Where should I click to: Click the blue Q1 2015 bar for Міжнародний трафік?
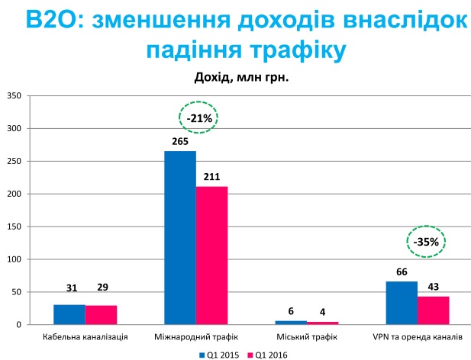pos(180,238)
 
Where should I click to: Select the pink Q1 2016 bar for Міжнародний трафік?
pos(211,256)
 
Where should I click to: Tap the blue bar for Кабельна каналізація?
pos(69,314)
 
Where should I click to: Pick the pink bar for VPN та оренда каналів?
pos(433,310)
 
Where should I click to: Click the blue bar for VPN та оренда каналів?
pos(402,303)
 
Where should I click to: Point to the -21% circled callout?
pos(199,117)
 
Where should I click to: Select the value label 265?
pos(180,142)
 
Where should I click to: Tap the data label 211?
pos(211,178)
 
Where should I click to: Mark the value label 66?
pos(402,272)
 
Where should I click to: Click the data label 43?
pos(433,288)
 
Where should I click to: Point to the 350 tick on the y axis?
pos(14,96)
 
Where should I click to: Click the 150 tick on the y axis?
pos(14,227)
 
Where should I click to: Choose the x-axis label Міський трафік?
pos(306,337)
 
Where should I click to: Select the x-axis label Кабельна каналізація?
pos(84,337)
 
